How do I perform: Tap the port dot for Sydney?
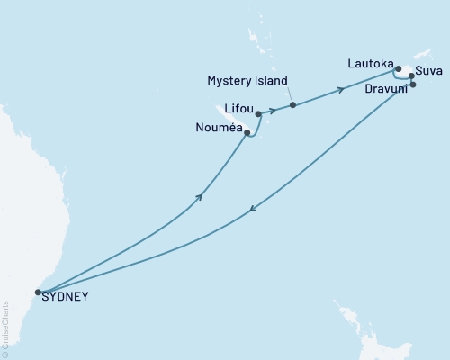coord(38,292)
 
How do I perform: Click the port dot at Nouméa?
coord(247,133)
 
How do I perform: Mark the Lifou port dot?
coord(258,114)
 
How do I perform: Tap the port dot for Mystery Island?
coord(293,105)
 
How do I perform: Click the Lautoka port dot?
coord(398,67)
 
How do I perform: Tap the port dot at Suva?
coord(411,76)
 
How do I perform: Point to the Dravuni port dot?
coord(413,85)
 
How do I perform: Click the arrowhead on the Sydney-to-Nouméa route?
coord(199,196)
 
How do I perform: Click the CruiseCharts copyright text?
coord(5,329)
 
